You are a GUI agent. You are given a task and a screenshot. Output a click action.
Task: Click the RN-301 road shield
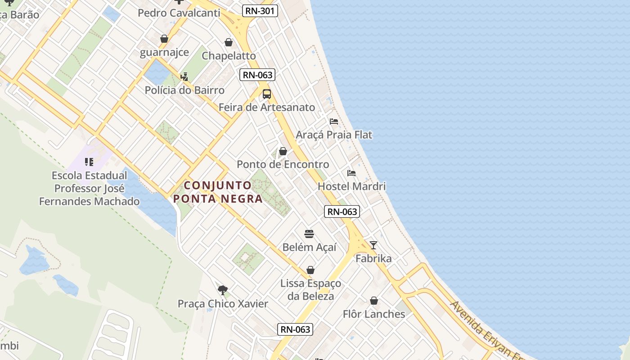260,11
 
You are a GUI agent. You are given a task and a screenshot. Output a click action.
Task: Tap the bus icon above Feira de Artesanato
267,94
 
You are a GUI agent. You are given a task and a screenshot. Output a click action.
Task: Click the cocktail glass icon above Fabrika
373,245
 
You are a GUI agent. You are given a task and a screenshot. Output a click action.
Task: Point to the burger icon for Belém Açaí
309,234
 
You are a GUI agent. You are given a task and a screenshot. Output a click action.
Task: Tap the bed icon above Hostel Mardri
351,173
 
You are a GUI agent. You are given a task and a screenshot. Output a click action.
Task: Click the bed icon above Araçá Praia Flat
334,121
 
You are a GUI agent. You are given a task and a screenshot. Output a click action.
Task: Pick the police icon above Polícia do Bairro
184,77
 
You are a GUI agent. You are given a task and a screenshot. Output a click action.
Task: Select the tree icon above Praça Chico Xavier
222,290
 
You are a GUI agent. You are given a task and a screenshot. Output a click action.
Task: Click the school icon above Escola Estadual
89,162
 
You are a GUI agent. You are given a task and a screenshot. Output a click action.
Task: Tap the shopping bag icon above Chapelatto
229,43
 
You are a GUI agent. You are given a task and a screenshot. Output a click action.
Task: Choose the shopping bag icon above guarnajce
164,39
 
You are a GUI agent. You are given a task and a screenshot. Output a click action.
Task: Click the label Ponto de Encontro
283,165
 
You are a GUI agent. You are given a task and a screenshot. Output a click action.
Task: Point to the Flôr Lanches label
374,314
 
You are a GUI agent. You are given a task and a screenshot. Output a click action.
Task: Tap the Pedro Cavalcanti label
179,13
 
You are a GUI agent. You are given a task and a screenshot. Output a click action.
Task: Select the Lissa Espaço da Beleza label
310,290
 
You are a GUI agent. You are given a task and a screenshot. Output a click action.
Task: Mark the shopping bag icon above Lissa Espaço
310,270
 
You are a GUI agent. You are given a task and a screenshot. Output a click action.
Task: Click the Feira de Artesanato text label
267,108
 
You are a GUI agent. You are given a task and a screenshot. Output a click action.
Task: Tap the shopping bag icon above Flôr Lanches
374,301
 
